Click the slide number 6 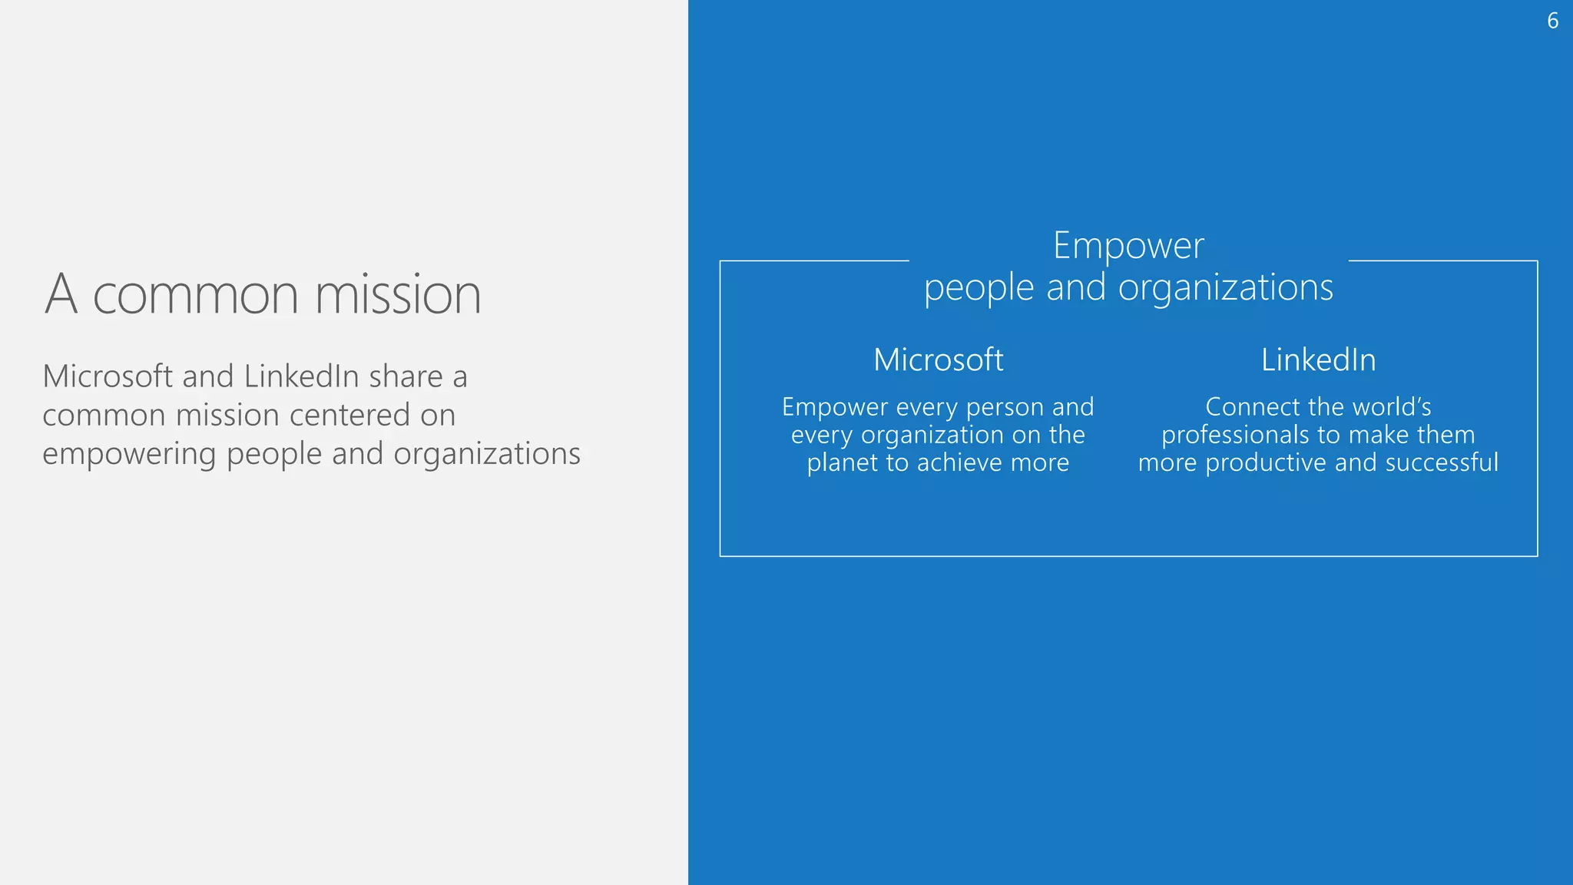pos(1552,21)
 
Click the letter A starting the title pos(61,294)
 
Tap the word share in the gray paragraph pos(406,376)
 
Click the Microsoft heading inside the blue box pos(938,360)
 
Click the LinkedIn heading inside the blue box pos(1318,360)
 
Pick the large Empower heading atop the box pos(1128,246)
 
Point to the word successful pos(1442,462)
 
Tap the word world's pos(1387,406)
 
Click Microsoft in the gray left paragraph pos(108,376)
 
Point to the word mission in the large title pos(397,294)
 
